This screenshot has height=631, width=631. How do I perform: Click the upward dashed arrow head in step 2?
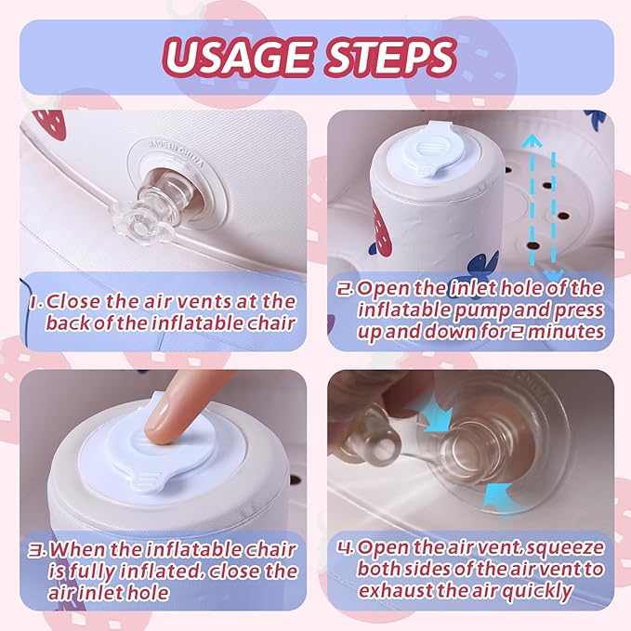pyautogui.click(x=532, y=141)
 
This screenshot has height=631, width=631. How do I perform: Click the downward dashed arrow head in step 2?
pyautogui.click(x=553, y=276)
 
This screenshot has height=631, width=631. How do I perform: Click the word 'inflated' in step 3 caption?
pyautogui.click(x=160, y=572)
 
